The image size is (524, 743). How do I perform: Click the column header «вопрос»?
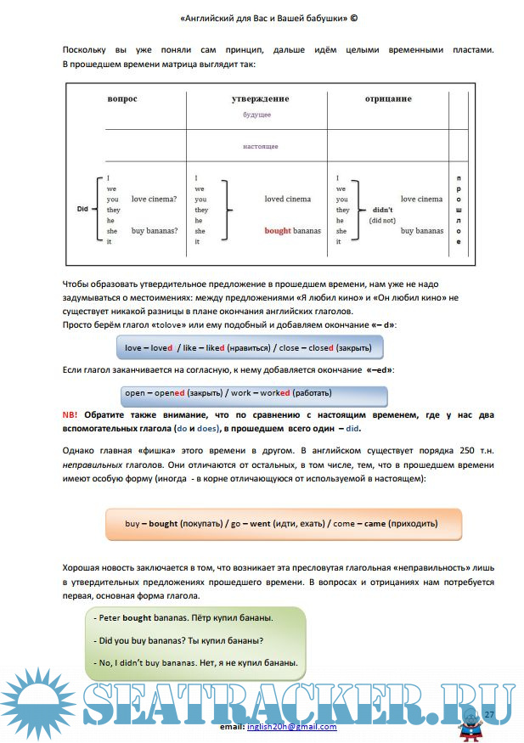tap(121, 99)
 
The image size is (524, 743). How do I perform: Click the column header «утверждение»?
tap(260, 99)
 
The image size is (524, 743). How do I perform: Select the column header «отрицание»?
tap(388, 99)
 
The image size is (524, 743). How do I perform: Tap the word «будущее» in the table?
tap(256, 114)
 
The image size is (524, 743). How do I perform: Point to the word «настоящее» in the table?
tap(260, 146)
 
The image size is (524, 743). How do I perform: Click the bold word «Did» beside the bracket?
tap(82, 209)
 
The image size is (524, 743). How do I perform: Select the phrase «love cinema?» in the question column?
tap(155, 199)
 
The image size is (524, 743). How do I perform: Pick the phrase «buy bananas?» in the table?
tap(155, 230)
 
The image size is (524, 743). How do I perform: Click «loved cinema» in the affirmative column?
tap(287, 199)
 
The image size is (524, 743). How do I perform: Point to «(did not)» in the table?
tap(381, 220)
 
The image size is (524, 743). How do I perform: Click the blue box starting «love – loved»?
tap(250, 348)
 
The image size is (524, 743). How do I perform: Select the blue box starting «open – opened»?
tap(254, 394)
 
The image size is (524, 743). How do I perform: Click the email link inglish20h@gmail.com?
tap(291, 727)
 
